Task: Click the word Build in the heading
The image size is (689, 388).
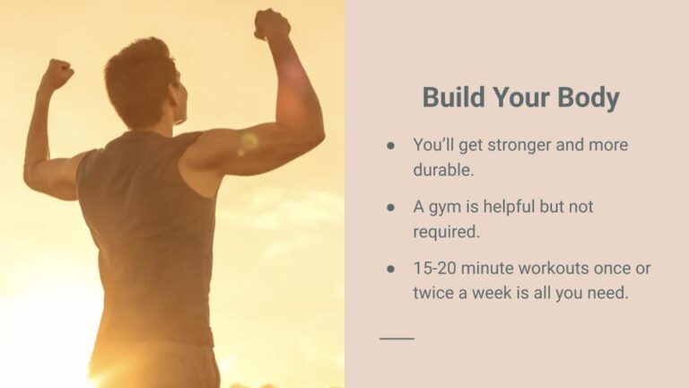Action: (453, 97)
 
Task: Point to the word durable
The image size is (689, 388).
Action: (443, 170)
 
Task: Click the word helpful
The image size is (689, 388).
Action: (509, 207)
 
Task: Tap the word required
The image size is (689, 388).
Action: (447, 232)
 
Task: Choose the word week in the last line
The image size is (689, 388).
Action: (492, 293)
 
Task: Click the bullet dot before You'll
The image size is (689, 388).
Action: (390, 145)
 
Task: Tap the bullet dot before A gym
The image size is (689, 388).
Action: (390, 207)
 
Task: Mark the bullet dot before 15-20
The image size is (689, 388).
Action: (390, 269)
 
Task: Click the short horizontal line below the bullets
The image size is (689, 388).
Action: (397, 339)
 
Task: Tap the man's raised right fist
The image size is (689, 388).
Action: (272, 24)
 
